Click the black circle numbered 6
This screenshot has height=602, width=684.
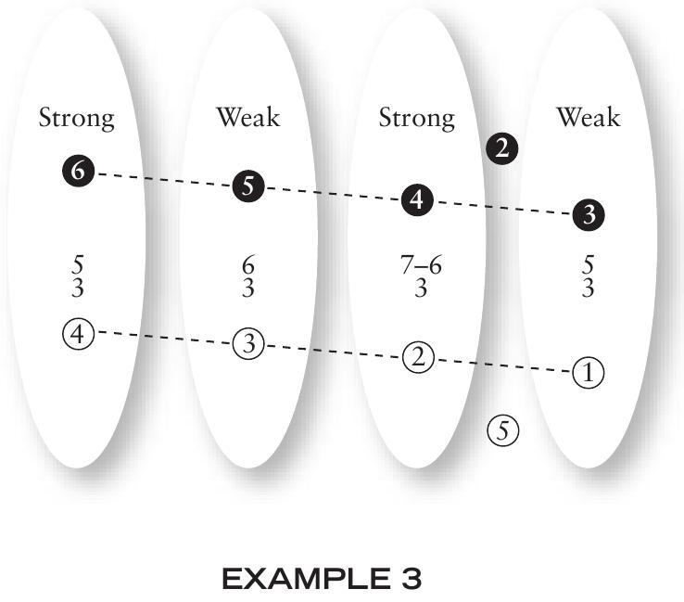(79, 171)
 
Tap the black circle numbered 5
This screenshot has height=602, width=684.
(248, 186)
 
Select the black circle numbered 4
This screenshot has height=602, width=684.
(417, 200)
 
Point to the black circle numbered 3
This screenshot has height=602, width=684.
(589, 214)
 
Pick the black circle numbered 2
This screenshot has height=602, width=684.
(502, 148)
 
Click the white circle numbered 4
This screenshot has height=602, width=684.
(79, 335)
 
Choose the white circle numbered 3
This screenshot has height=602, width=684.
(248, 343)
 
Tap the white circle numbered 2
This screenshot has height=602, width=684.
(418, 357)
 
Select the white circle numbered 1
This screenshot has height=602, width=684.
(589, 372)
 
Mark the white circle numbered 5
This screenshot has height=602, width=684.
(503, 430)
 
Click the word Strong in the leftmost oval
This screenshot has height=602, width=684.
(76, 118)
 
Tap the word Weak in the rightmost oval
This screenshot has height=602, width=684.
(588, 117)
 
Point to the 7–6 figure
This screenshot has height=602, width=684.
(421, 265)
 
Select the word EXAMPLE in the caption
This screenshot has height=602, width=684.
(306, 579)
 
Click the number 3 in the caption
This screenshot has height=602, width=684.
(411, 579)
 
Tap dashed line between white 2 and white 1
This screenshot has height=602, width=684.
(503, 365)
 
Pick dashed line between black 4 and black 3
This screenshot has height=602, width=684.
(503, 208)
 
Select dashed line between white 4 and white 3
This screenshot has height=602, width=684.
(163, 338)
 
